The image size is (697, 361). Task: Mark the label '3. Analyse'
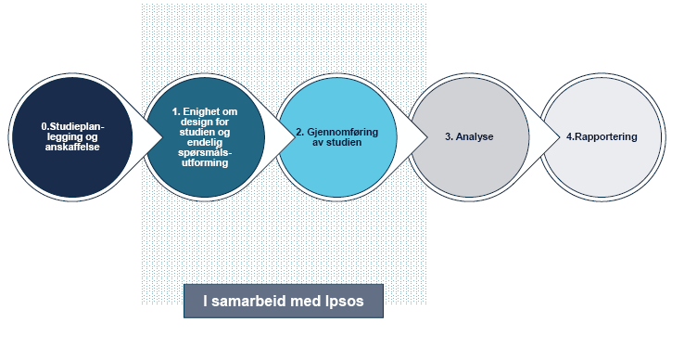coord(469,137)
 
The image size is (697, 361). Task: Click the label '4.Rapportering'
coord(602,137)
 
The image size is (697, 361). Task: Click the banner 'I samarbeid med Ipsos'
coord(283,300)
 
